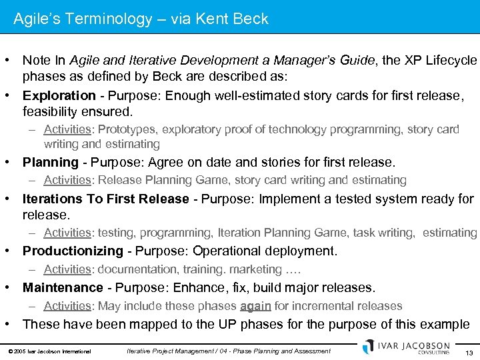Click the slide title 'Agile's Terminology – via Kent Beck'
141,19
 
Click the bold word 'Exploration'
59,95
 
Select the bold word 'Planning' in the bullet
51,162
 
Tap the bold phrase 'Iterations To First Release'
105,199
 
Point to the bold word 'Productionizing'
73,251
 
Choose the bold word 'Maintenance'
63,287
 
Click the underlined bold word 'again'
255,306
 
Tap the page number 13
469,351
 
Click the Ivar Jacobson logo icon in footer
368,347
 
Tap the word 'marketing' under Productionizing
253,269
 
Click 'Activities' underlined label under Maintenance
67,306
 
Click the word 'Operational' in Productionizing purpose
229,251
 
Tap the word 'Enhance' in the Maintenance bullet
203,287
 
